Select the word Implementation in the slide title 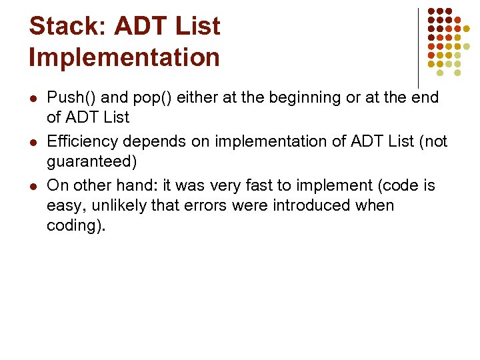point(124,57)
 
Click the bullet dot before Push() point(33,98)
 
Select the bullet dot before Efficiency point(33,141)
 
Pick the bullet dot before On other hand point(33,185)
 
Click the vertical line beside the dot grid point(418,47)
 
